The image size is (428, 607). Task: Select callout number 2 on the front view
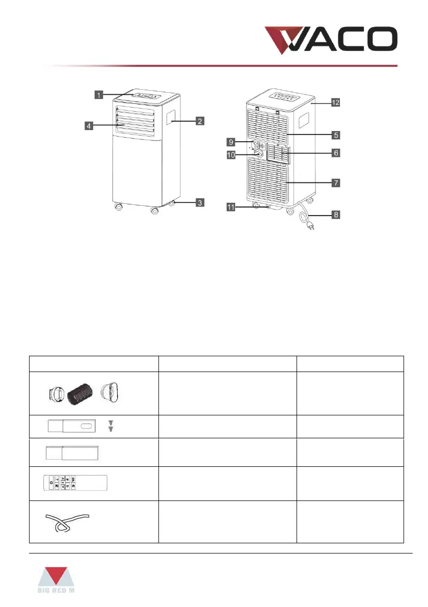[x=200, y=121]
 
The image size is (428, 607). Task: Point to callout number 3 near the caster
[x=200, y=203]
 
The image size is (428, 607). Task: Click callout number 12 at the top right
[x=336, y=102]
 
